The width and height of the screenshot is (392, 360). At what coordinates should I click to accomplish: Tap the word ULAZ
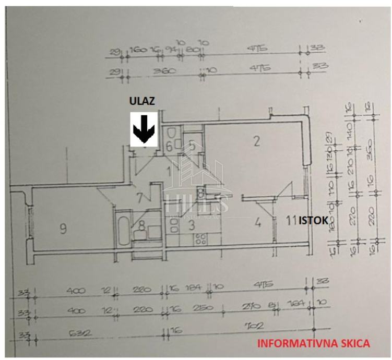[x=142, y=101]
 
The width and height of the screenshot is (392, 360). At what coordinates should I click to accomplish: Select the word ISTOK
[x=313, y=221]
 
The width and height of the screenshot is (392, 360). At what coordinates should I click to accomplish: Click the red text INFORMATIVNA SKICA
[x=314, y=343]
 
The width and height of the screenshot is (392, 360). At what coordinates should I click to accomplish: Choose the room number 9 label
[x=63, y=228]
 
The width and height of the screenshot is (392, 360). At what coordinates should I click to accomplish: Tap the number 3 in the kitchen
[x=192, y=225]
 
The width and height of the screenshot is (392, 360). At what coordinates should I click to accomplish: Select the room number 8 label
[x=142, y=225]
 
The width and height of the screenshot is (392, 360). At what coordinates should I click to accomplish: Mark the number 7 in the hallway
[x=139, y=198]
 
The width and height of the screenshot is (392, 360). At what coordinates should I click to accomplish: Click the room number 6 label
[x=170, y=146]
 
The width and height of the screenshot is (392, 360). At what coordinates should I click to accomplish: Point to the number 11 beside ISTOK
[x=291, y=221]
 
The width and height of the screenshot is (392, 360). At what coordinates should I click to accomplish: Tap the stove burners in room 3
[x=200, y=239]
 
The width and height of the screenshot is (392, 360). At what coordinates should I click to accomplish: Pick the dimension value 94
[x=170, y=50]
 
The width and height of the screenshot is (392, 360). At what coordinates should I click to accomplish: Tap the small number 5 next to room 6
[x=192, y=146]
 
